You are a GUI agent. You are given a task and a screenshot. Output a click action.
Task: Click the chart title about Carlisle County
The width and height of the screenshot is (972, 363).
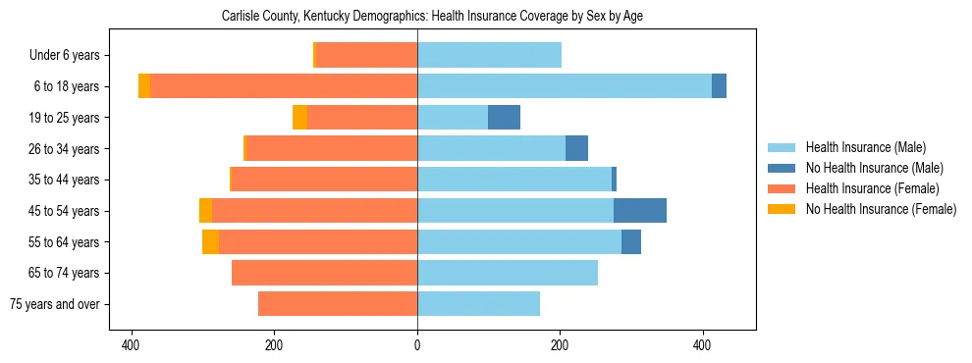click(x=432, y=17)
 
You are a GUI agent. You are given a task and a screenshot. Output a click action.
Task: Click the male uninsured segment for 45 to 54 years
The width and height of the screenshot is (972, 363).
click(x=640, y=211)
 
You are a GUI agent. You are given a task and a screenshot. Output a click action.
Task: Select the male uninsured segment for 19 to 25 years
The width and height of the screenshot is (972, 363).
click(x=504, y=118)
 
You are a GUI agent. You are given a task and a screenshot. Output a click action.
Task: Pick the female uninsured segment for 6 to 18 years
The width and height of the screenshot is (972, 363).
click(x=144, y=86)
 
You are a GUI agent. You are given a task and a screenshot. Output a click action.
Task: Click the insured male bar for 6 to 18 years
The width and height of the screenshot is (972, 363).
click(x=565, y=86)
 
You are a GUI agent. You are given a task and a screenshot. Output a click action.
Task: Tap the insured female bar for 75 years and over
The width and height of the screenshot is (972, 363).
click(x=338, y=304)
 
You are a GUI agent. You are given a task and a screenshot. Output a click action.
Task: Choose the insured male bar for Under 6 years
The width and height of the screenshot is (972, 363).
click(x=489, y=56)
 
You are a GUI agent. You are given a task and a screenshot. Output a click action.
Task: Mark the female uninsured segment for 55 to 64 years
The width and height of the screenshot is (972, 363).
click(x=210, y=241)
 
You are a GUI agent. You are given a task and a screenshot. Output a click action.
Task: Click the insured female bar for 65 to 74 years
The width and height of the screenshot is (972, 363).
click(x=324, y=273)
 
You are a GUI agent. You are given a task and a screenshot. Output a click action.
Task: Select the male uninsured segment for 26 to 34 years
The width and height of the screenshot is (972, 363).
click(x=576, y=148)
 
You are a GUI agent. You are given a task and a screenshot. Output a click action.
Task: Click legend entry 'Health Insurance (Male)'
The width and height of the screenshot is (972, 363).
click(x=865, y=147)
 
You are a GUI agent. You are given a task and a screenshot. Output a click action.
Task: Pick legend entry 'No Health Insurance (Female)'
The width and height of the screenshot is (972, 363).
click(x=881, y=209)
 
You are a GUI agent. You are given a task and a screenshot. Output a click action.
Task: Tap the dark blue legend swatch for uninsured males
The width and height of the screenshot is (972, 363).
click(x=782, y=168)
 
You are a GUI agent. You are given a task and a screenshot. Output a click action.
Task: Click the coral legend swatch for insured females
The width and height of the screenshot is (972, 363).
click(x=782, y=188)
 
